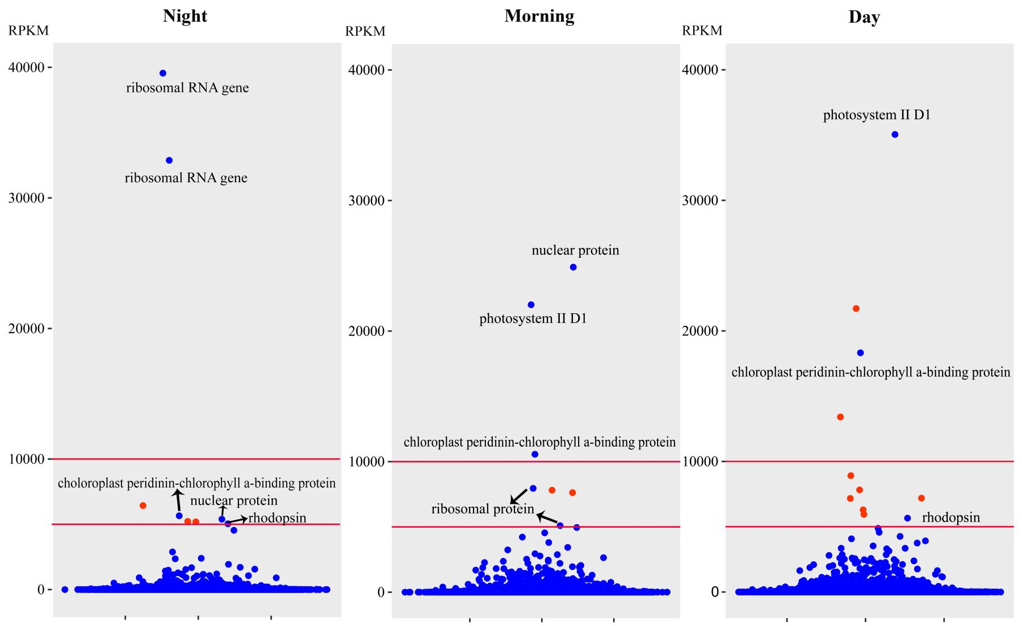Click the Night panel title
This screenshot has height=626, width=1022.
pyautogui.click(x=185, y=15)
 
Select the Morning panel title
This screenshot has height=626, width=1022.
pyautogui.click(x=539, y=15)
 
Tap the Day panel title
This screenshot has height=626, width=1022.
pyautogui.click(x=864, y=16)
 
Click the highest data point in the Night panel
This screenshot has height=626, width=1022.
pyautogui.click(x=163, y=73)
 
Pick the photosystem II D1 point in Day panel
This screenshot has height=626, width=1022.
pyautogui.click(x=895, y=135)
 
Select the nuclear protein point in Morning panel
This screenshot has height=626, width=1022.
pyautogui.click(x=573, y=267)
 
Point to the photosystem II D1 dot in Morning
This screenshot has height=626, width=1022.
pyautogui.click(x=531, y=305)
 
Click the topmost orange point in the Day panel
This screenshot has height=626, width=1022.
pyautogui.click(x=856, y=309)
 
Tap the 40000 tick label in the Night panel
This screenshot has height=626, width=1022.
pyautogui.click(x=27, y=68)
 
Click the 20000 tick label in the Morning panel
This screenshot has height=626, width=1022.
pyautogui.click(x=366, y=331)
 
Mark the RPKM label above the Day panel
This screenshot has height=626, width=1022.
pyautogui.click(x=702, y=31)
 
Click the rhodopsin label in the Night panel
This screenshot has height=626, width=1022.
pyautogui.click(x=277, y=518)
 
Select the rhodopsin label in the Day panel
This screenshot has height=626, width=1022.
pyautogui.click(x=950, y=518)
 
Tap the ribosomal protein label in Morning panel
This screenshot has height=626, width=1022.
pyautogui.click(x=483, y=509)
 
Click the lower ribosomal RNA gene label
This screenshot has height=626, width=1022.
pyautogui.click(x=186, y=178)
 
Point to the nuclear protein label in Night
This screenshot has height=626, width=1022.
pyautogui.click(x=234, y=501)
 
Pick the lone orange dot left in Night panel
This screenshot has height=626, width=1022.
pyautogui.click(x=143, y=506)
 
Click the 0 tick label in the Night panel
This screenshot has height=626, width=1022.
pyautogui.click(x=41, y=590)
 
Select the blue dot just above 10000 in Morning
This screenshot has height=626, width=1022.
pyautogui.click(x=534, y=455)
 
